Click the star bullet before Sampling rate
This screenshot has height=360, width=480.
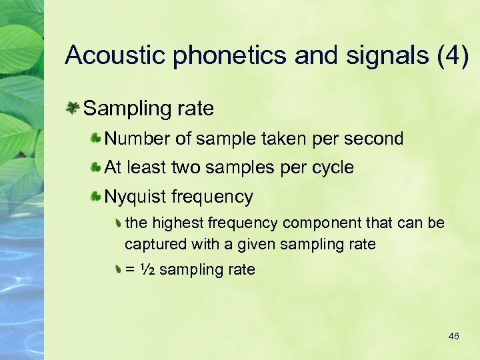click(73, 107)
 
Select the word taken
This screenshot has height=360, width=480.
click(275, 139)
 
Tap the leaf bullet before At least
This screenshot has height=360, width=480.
click(96, 167)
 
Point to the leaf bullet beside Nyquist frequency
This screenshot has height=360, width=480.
click(96, 197)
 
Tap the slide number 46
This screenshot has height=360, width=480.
click(454, 336)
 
